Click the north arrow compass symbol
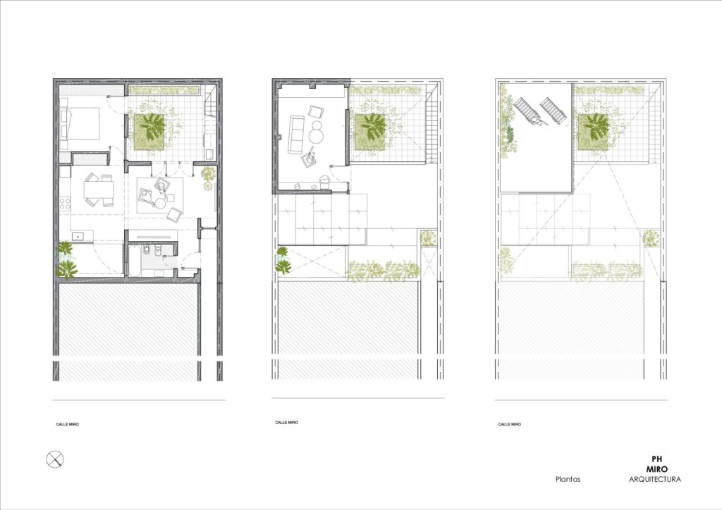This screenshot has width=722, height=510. [55, 459]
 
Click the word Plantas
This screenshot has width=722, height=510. [568, 479]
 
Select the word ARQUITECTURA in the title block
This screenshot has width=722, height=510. [655, 479]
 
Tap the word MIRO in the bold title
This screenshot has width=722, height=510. [656, 470]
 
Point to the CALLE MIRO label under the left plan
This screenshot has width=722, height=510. [67, 425]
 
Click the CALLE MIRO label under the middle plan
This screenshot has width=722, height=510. [286, 422]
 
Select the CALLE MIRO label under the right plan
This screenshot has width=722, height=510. [509, 425]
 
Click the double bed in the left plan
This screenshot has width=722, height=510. [80, 123]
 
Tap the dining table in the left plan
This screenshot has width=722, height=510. [99, 189]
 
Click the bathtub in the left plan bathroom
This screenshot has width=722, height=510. [135, 261]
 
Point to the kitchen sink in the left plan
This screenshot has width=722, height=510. [78, 237]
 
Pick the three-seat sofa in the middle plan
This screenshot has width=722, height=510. [295, 135]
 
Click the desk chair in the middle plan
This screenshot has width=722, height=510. [324, 182]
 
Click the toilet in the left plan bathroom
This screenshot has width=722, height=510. [158, 251]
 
